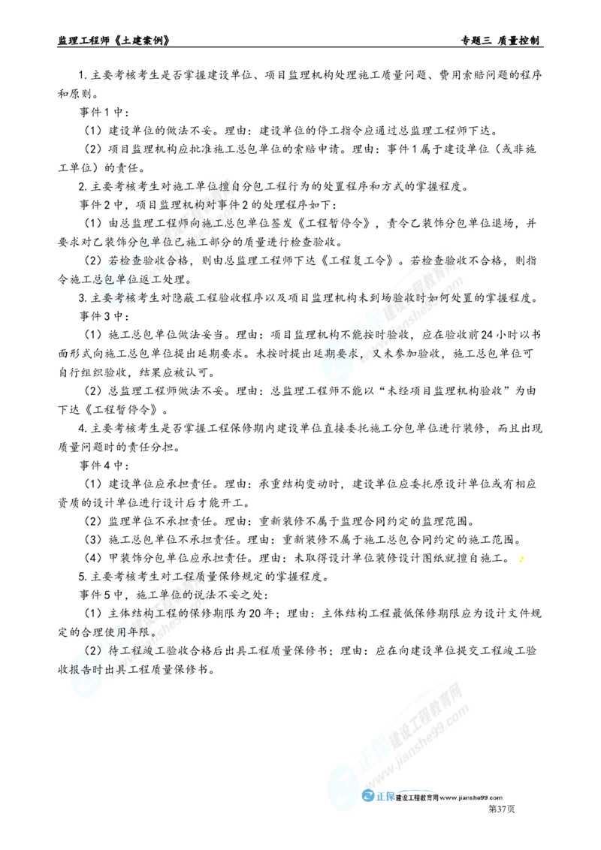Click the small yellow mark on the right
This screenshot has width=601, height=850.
tap(522, 559)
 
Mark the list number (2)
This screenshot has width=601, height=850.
tap(94, 650)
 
